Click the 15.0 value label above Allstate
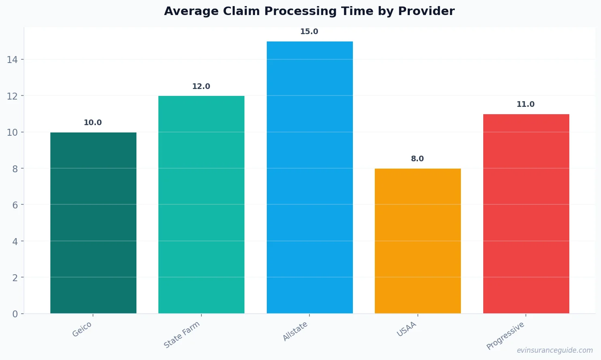click(x=309, y=32)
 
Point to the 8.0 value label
click(x=417, y=159)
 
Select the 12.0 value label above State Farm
click(x=201, y=87)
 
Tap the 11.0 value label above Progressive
click(x=525, y=104)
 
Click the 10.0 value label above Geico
click(x=93, y=123)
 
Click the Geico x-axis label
click(x=82, y=329)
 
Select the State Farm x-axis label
click(x=182, y=334)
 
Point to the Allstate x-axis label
click(x=295, y=331)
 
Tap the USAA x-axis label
click(x=406, y=329)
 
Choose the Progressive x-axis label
click(x=505, y=336)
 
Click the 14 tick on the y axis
click(x=12, y=60)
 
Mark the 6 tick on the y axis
click(x=15, y=205)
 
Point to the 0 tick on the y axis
click(x=15, y=314)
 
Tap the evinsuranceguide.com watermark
click(x=555, y=350)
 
